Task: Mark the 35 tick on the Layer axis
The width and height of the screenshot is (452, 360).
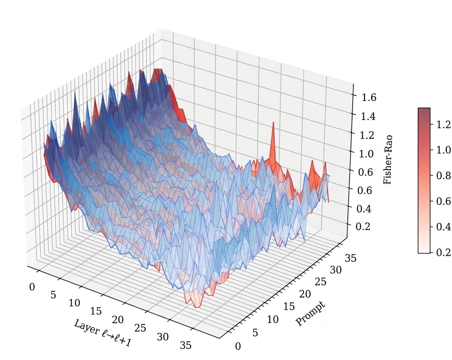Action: tap(186, 345)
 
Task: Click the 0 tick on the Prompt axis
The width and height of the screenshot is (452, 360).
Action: tap(237, 346)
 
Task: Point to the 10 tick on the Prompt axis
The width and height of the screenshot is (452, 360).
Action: tap(273, 319)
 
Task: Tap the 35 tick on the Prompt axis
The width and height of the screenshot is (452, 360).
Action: tap(350, 259)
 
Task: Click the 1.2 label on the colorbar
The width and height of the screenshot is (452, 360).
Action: tap(444, 125)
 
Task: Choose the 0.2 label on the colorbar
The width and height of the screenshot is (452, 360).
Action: tap(444, 253)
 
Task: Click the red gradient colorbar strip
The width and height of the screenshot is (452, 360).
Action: tap(424, 180)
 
